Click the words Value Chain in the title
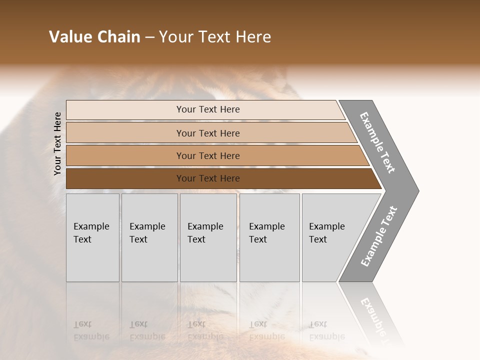[x=94, y=37]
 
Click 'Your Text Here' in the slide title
[x=215, y=37]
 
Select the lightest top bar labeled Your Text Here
[x=207, y=109]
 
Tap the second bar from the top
[x=207, y=133]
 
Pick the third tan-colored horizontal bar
[x=207, y=155]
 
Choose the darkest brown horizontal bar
[x=207, y=178]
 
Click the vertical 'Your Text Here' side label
[x=57, y=143]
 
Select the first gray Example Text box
[x=92, y=237]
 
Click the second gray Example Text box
[x=149, y=237]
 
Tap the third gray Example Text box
[x=208, y=237]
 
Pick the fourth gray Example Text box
[x=269, y=237]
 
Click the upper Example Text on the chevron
[x=377, y=142]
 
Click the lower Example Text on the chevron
[x=379, y=236]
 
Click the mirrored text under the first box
[x=91, y=330]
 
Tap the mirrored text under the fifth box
[x=326, y=330]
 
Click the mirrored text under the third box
[x=205, y=330]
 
